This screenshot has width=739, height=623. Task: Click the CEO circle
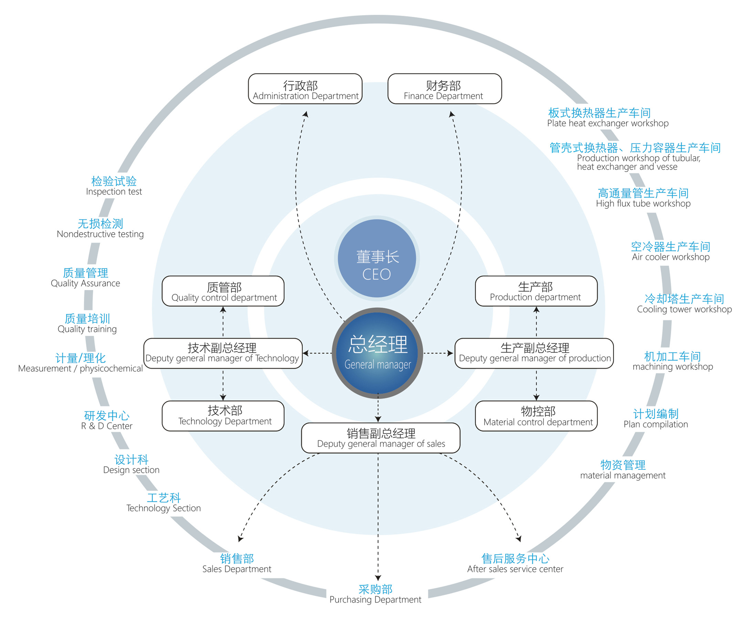click(377, 258)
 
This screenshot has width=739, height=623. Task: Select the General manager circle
click(377, 353)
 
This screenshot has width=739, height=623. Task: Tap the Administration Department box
click(305, 89)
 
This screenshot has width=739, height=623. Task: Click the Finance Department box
click(444, 89)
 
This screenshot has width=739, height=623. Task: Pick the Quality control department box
click(223, 291)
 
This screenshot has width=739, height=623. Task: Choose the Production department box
click(536, 291)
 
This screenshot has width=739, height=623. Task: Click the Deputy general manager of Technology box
click(223, 353)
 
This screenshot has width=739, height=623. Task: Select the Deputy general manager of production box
click(534, 353)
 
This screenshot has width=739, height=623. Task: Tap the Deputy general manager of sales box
click(380, 438)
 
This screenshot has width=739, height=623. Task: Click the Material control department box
click(536, 416)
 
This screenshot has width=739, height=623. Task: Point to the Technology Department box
click(223, 416)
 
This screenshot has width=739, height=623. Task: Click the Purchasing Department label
click(375, 594)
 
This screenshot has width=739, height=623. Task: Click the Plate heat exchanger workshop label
click(607, 118)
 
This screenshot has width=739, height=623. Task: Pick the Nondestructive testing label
click(101, 228)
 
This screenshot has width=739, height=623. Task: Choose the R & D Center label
click(107, 420)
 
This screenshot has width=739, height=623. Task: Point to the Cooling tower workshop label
click(684, 304)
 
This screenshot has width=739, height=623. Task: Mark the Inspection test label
click(114, 186)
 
